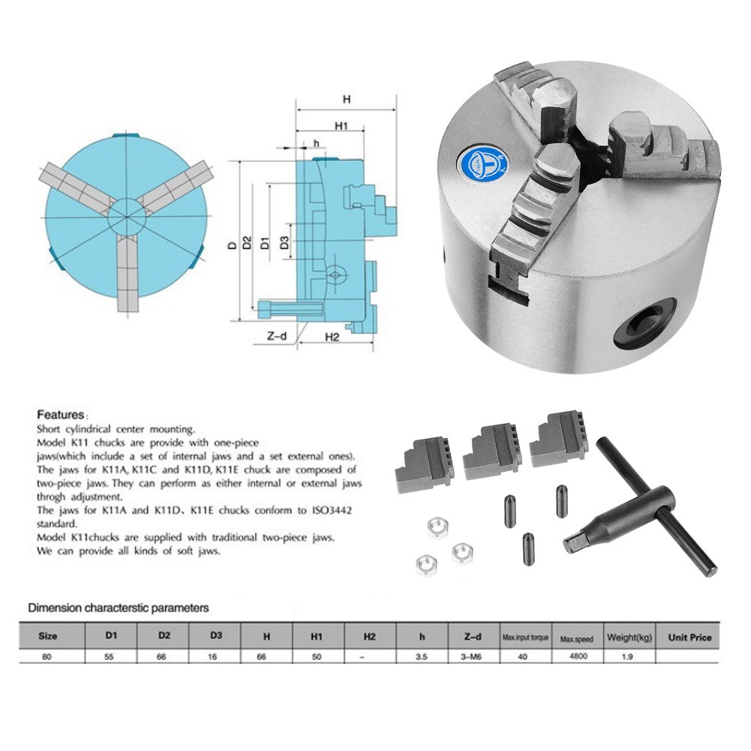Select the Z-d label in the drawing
(x=277, y=336)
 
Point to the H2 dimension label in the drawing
(x=332, y=337)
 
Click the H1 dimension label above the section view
(x=341, y=126)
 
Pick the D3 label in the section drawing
(x=284, y=242)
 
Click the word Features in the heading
(x=60, y=415)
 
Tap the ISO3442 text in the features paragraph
(x=332, y=511)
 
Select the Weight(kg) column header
(x=629, y=638)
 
